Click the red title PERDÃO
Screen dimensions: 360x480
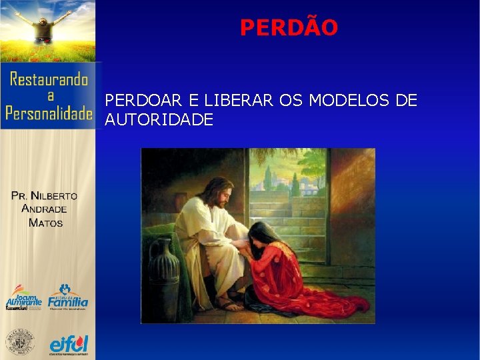[x=289, y=28]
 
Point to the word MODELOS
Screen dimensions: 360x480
[x=356, y=101]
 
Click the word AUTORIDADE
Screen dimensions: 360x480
[x=159, y=120]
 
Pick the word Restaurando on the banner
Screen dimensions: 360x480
[x=48, y=80]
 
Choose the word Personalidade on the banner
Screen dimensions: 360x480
[x=48, y=113]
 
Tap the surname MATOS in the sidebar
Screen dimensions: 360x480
[x=45, y=223]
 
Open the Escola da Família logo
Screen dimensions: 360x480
[x=67, y=297]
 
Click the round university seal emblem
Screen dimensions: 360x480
[x=20, y=343]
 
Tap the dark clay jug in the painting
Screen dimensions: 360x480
[x=164, y=267]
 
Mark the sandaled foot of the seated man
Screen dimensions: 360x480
[x=229, y=306]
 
